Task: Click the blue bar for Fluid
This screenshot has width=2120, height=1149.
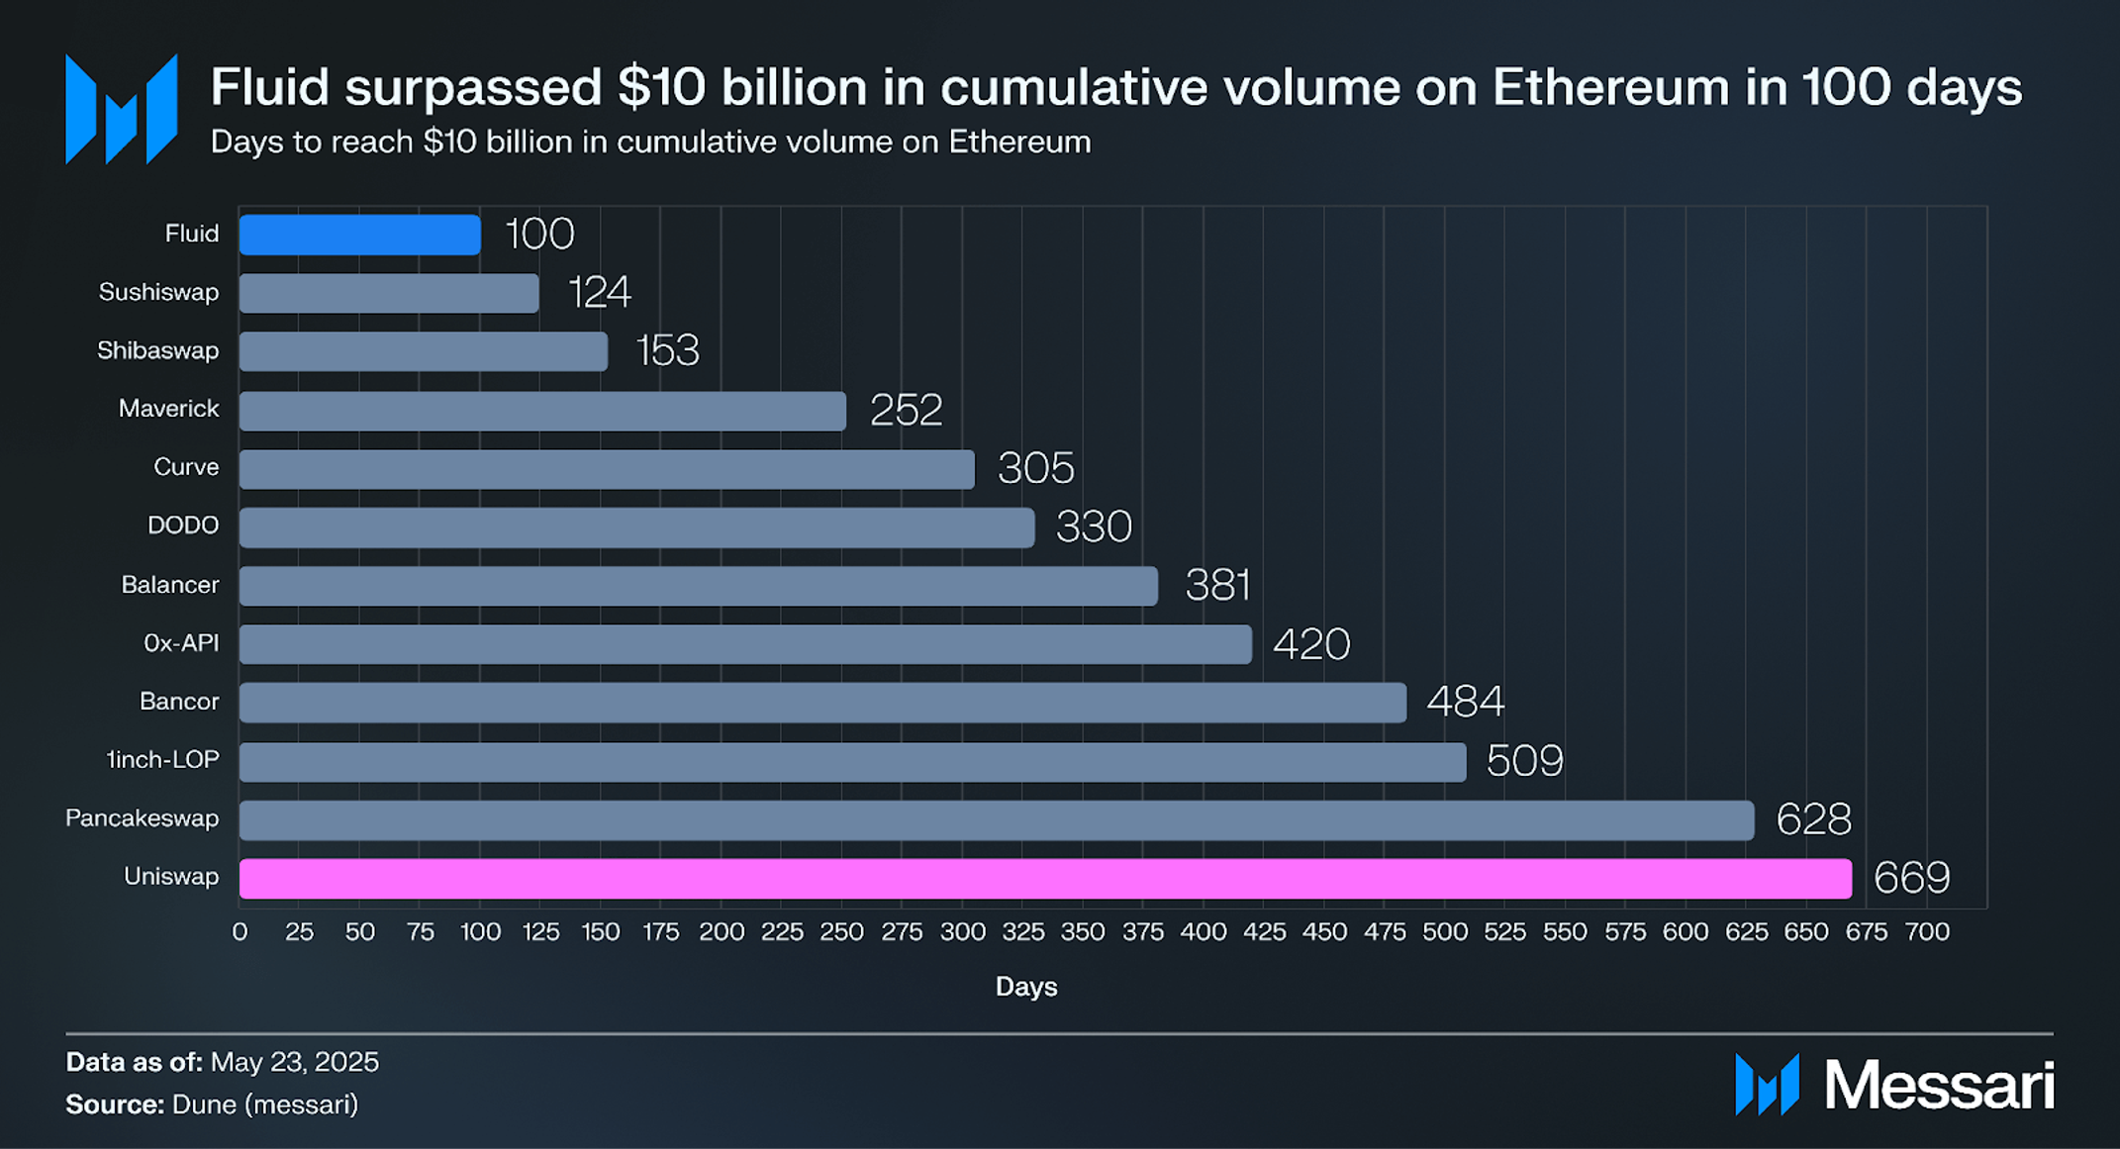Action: (x=359, y=235)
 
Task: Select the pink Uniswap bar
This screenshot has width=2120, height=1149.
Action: (x=1045, y=879)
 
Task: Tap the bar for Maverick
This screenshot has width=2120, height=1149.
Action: (x=542, y=411)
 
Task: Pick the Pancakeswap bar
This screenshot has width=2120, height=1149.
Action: (x=996, y=820)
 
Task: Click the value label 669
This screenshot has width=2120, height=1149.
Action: (x=1911, y=878)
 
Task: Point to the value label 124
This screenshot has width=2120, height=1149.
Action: (x=599, y=292)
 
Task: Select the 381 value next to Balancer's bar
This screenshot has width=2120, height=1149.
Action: (x=1217, y=585)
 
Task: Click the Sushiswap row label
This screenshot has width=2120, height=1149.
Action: (x=158, y=292)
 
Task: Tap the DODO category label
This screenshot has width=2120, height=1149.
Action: (x=183, y=526)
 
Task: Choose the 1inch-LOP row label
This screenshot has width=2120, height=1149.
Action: (x=162, y=760)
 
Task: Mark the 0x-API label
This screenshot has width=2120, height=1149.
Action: (x=181, y=643)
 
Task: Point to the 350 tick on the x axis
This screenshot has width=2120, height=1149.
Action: (x=1083, y=932)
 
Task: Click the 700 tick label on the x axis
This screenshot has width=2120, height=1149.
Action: (x=1927, y=932)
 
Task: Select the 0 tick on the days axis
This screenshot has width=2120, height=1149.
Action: (x=240, y=932)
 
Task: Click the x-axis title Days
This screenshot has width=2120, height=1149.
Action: (x=1026, y=987)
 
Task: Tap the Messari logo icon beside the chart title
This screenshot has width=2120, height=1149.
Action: (x=121, y=109)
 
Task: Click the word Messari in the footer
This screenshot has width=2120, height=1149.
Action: (x=1938, y=1086)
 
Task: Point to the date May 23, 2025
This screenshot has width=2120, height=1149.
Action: (x=295, y=1062)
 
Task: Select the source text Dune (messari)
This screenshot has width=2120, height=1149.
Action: (x=265, y=1104)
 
